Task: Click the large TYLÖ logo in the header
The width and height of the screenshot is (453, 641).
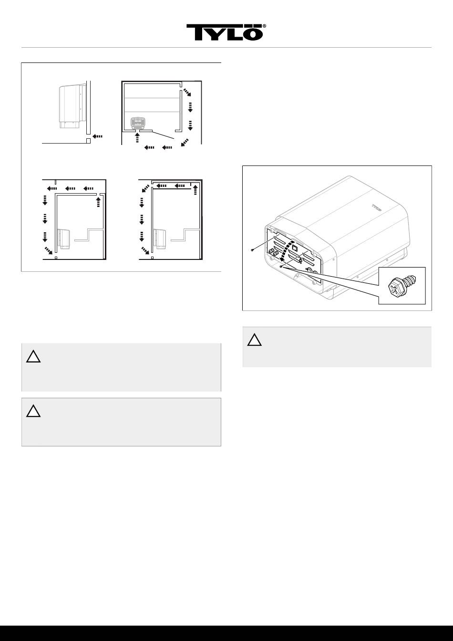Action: [224, 32]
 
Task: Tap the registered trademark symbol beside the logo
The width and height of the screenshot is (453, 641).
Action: [265, 26]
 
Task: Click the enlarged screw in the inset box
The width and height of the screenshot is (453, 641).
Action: [402, 285]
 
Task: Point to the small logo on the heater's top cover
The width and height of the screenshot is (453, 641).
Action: [377, 207]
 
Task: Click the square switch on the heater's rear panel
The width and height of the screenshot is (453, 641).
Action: [295, 245]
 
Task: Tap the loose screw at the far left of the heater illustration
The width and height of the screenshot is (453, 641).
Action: [252, 250]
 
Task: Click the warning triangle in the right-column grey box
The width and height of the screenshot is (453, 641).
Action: [255, 340]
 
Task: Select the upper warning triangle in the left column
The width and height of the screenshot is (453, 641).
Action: [33, 356]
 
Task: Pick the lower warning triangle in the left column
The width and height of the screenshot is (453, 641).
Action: [33, 411]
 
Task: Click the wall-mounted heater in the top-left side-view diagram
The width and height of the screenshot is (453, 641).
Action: [72, 106]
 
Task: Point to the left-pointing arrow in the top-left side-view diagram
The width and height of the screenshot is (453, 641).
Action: [97, 136]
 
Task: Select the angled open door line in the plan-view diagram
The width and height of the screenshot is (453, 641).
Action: [163, 135]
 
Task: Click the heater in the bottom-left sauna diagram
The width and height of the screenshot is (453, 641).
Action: [63, 238]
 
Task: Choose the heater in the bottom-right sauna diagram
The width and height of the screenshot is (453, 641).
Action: [159, 238]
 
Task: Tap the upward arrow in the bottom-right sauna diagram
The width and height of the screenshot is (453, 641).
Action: [196, 190]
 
